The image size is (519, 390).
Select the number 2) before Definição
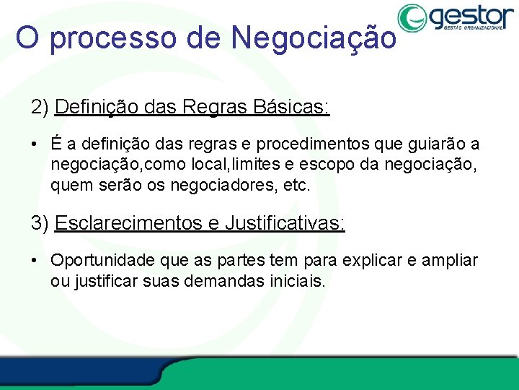pos(40,108)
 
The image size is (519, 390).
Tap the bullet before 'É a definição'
pos(35,144)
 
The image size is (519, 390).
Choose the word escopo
pos(321,165)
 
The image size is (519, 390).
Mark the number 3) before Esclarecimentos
pos(40,222)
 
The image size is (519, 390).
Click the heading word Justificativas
pos(285,222)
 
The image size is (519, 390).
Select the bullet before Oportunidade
pos(35,260)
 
